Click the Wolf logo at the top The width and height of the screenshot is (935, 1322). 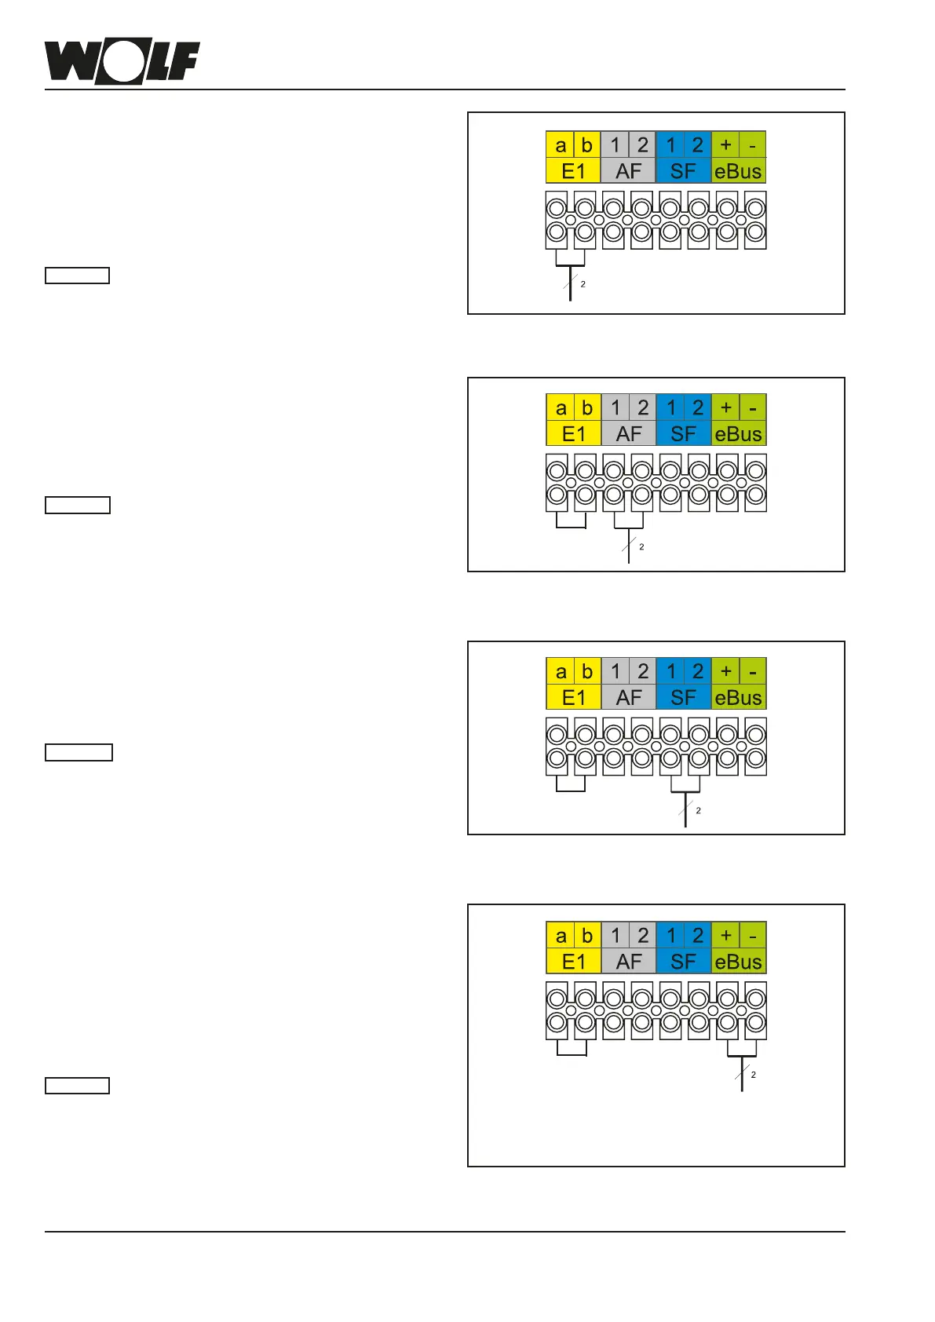(122, 62)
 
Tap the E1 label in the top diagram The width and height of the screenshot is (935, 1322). (573, 171)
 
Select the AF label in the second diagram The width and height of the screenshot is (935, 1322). (629, 434)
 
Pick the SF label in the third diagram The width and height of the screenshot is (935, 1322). (683, 697)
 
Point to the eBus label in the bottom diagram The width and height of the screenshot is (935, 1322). (738, 962)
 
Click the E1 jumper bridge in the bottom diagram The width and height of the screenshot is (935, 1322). (572, 1054)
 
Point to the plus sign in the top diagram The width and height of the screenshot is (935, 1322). (725, 144)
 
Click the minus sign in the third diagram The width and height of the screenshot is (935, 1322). (753, 672)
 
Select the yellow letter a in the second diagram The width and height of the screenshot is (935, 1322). (561, 408)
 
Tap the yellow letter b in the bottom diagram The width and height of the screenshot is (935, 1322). (587, 936)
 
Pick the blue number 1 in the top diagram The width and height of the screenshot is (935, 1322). (670, 145)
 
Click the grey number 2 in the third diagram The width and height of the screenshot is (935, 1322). (643, 672)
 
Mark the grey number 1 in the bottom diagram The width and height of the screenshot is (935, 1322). (615, 936)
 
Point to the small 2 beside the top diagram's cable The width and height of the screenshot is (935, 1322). (583, 284)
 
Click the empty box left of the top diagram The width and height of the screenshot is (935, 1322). (77, 276)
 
